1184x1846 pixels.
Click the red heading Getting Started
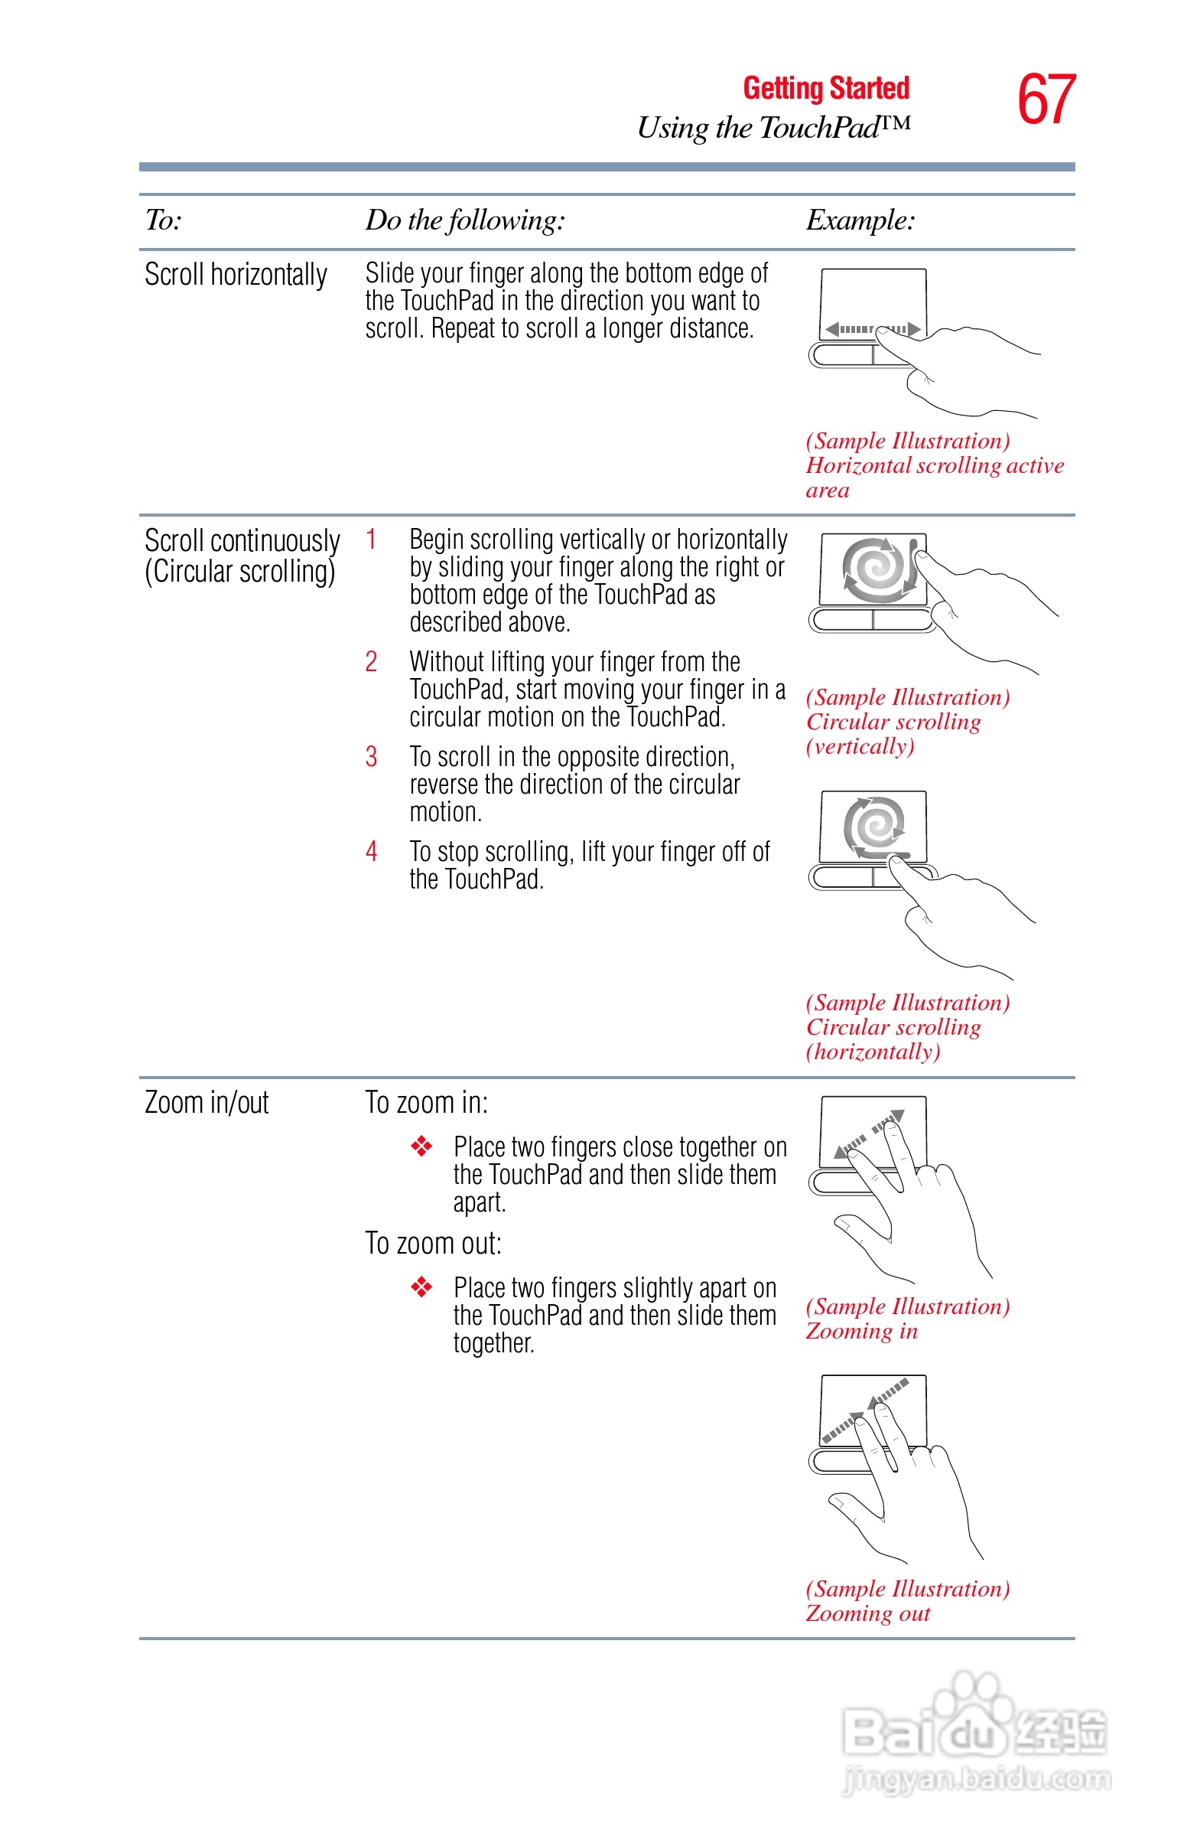[x=826, y=89]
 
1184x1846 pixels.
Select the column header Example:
[x=860, y=220]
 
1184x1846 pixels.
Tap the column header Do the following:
[x=464, y=220]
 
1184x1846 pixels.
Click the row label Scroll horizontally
[x=236, y=275]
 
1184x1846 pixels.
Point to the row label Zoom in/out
[x=206, y=1103]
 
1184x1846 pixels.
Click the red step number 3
[x=372, y=757]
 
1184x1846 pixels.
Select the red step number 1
[x=372, y=540]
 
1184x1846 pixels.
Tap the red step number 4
[x=372, y=852]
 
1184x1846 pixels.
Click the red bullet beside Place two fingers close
[x=421, y=1146]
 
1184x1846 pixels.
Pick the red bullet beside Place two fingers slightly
[x=421, y=1287]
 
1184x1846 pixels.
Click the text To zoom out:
[x=433, y=1244]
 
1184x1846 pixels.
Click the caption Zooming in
[x=861, y=1332]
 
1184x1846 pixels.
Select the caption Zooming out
[x=867, y=1613]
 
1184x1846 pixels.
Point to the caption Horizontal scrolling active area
[x=934, y=466]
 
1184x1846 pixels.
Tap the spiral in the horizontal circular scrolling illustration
[x=875, y=827]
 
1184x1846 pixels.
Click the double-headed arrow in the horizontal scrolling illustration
[x=873, y=330]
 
